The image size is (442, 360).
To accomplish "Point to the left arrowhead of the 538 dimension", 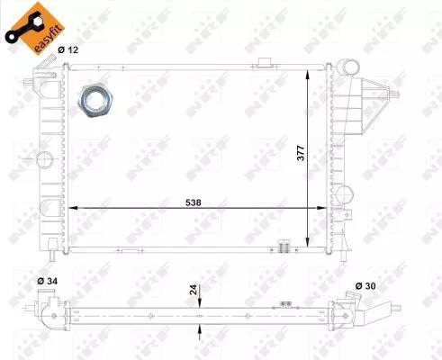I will click(x=74, y=207).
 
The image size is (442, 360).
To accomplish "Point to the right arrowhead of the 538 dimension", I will click(x=326, y=207).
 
